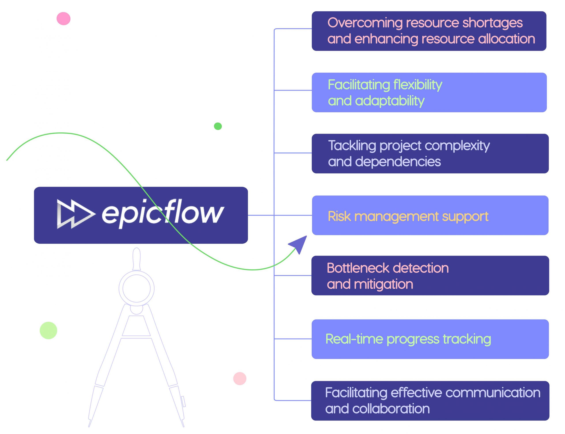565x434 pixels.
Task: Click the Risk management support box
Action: click(x=430, y=215)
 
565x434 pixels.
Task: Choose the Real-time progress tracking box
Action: click(x=430, y=339)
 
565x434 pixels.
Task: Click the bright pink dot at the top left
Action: click(x=64, y=19)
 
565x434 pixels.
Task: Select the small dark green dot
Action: click(x=218, y=126)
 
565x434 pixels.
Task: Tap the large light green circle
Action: click(x=48, y=330)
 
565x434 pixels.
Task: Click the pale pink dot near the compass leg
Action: click(x=240, y=378)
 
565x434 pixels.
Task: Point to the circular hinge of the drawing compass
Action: click(x=136, y=288)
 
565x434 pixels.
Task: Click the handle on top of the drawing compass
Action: click(x=136, y=258)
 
